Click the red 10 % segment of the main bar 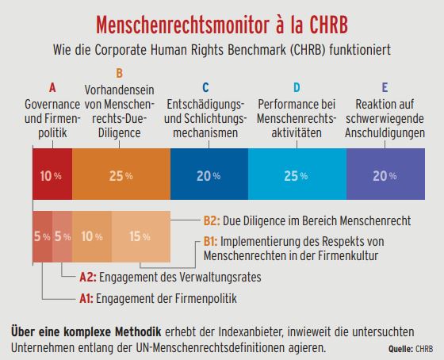(52, 174)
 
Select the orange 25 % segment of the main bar (121, 174)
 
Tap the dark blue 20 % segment (209, 174)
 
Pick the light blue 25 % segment (297, 174)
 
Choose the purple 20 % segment (385, 174)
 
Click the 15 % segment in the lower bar (141, 236)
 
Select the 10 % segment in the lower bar (92, 236)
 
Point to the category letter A (52, 88)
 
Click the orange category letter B (119, 73)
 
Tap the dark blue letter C (205, 87)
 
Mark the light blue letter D (297, 87)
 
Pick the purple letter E (385, 87)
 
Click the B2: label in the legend (212, 221)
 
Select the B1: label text (210, 242)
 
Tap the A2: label (88, 278)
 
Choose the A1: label (86, 298)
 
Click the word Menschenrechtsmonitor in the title (182, 25)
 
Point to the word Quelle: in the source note (400, 349)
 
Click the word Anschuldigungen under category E (385, 133)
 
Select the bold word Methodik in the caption (138, 331)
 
